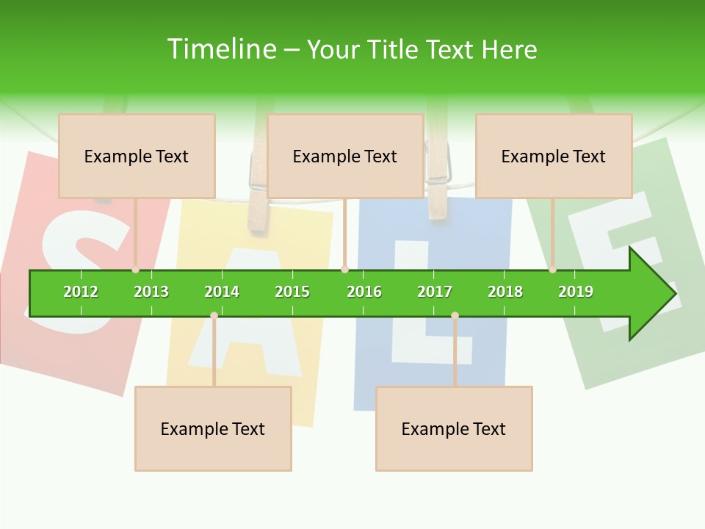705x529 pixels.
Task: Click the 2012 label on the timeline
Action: click(x=81, y=292)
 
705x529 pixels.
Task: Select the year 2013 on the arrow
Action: click(x=151, y=292)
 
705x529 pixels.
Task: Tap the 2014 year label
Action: click(x=222, y=292)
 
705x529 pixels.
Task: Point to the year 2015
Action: click(x=292, y=292)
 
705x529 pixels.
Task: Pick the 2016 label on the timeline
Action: click(x=364, y=292)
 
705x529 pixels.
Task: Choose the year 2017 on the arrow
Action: click(x=435, y=292)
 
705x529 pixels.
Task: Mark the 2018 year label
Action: click(x=505, y=292)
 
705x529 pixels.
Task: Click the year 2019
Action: click(x=576, y=292)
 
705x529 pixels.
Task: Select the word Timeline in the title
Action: click(x=220, y=49)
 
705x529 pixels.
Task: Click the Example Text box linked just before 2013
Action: click(x=137, y=156)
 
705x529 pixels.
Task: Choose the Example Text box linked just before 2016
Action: click(x=345, y=156)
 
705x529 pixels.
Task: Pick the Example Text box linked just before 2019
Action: click(x=554, y=156)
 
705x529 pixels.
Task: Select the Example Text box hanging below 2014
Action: click(x=213, y=428)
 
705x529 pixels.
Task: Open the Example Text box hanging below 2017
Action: click(x=454, y=428)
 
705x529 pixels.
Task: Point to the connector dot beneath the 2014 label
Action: click(x=214, y=315)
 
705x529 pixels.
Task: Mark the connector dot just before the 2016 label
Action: click(x=344, y=269)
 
